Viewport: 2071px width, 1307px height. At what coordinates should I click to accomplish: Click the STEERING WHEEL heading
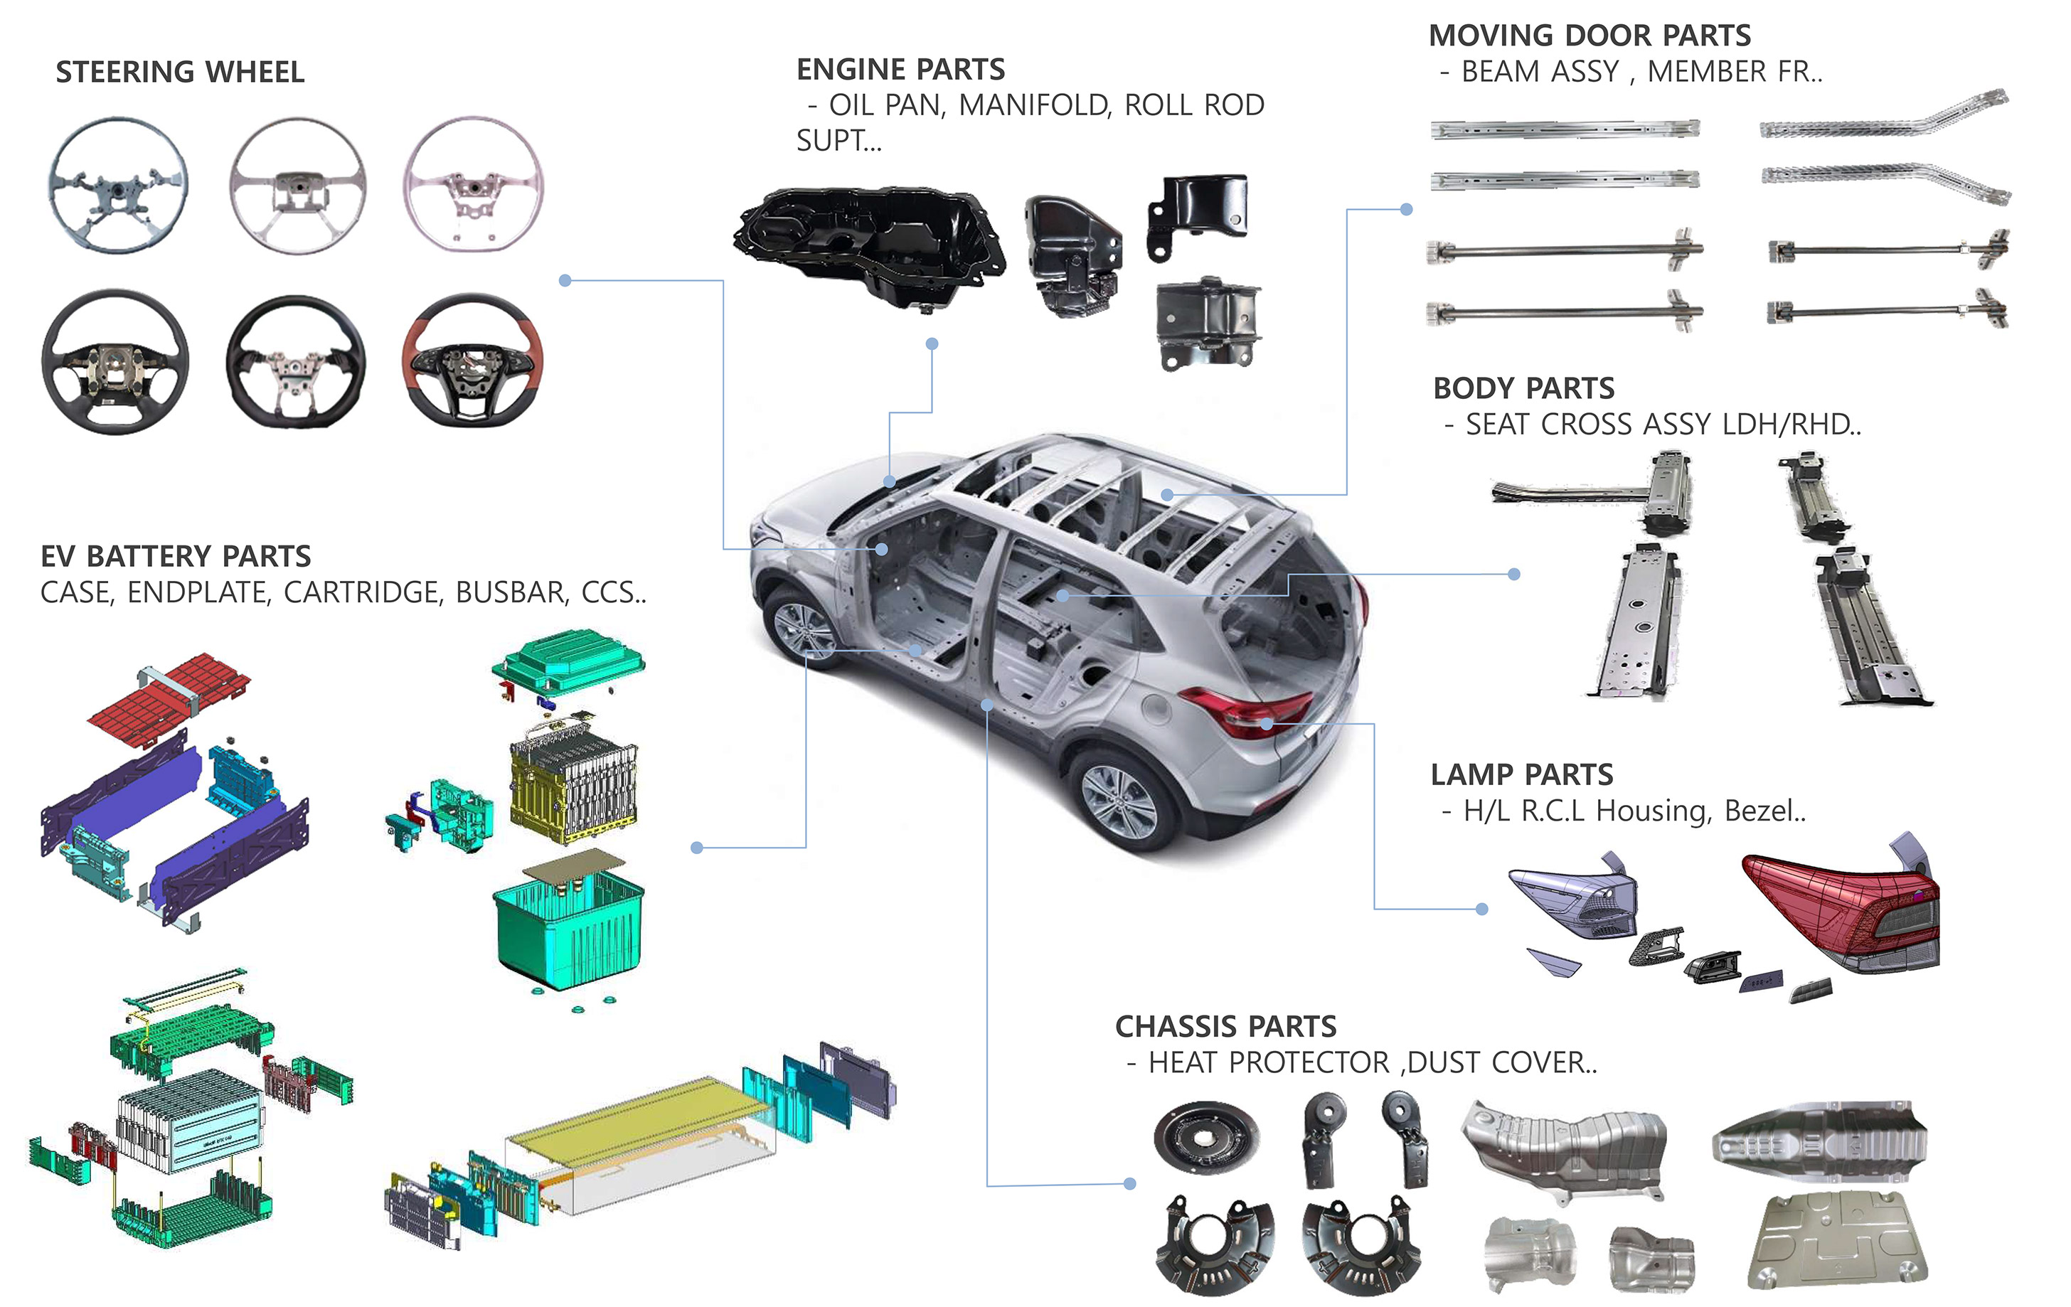[180, 71]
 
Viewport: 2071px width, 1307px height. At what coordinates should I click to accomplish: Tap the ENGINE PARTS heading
[900, 69]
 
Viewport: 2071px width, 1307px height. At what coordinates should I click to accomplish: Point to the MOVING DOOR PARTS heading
[1589, 36]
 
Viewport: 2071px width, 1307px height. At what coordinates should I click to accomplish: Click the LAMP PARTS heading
[1521, 774]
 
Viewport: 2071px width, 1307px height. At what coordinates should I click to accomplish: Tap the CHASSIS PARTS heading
[1225, 1026]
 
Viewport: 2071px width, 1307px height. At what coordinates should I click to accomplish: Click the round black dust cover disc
[1205, 1137]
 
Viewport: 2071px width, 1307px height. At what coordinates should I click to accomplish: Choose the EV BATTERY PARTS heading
[176, 556]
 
